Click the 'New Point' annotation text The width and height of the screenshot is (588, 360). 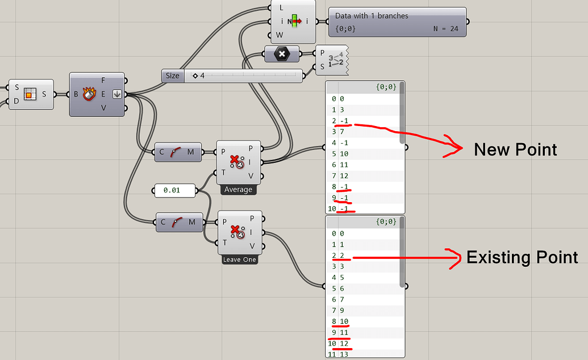coord(515,149)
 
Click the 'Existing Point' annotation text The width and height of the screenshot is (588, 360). coord(522,257)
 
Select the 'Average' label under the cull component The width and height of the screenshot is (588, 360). coord(238,190)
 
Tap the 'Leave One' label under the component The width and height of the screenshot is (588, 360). coord(239,259)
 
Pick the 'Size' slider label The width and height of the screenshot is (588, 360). coord(173,76)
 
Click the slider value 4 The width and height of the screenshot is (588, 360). coord(202,76)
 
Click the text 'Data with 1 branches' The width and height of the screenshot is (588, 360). coord(372,16)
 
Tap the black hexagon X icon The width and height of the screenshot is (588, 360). coord(281,54)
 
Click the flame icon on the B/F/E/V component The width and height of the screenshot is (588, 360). coord(89,94)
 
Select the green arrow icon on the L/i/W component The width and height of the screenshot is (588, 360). coord(294,22)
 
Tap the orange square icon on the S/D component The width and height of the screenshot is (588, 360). coord(30,94)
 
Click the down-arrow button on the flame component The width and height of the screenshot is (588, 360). coord(117,94)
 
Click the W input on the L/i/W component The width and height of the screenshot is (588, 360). coord(279,35)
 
